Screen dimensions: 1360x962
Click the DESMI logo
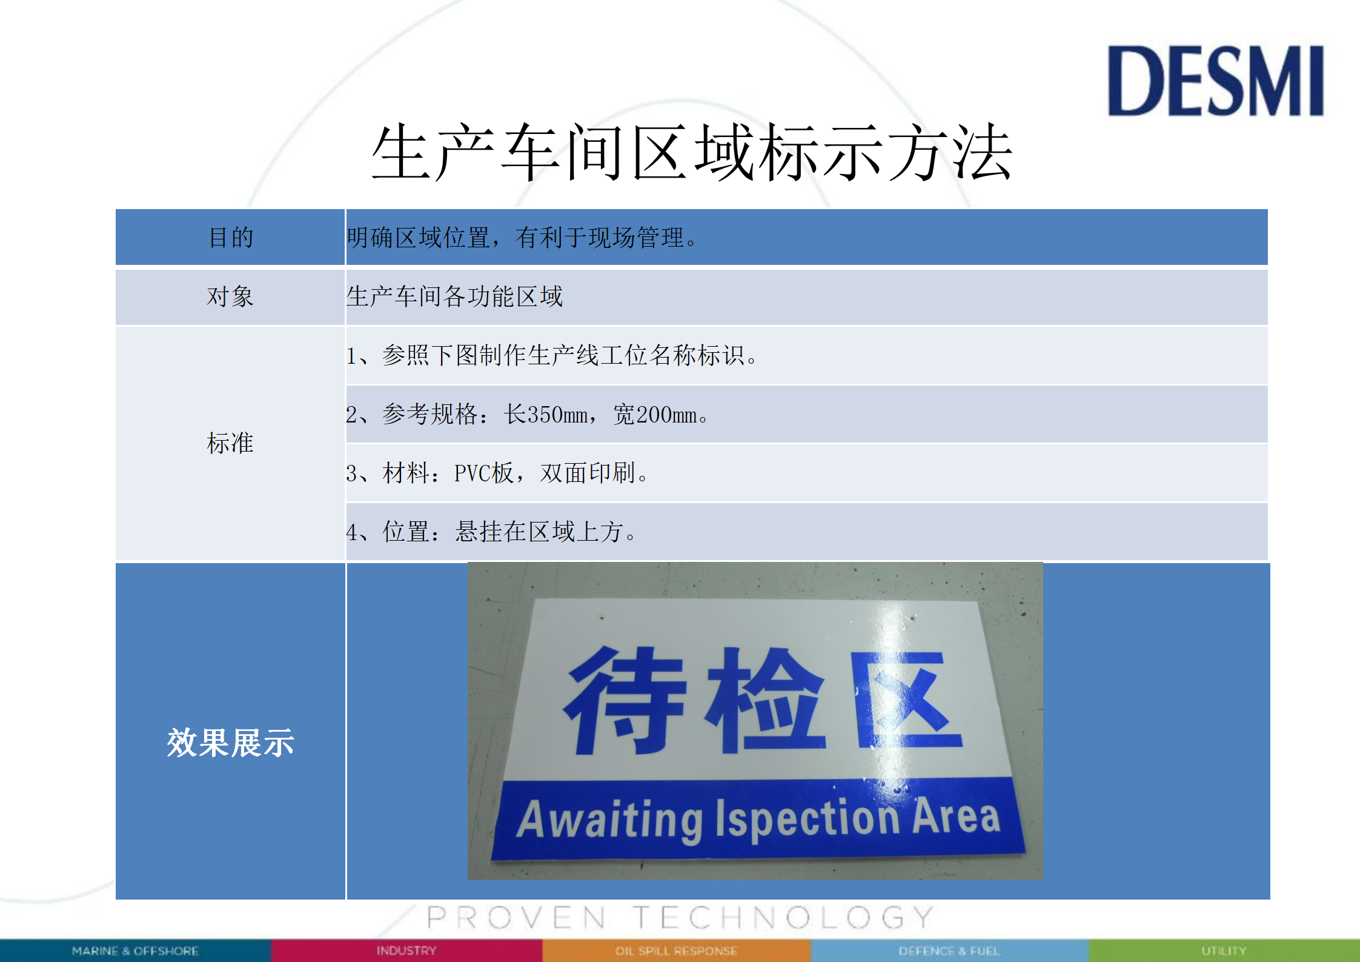coord(1215,81)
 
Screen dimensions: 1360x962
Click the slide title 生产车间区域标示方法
coord(692,153)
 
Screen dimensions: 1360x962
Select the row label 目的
coord(231,237)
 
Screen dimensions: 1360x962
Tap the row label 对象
coord(230,296)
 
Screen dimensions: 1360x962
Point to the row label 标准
coord(230,443)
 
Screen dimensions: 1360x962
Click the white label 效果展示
coord(231,743)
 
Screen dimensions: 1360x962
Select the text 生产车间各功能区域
coord(454,296)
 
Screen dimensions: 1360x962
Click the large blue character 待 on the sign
coord(625,701)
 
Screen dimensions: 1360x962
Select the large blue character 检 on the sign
coord(765,700)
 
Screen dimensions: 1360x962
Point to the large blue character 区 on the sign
coord(906,700)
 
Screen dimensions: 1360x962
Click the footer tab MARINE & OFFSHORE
coord(135,951)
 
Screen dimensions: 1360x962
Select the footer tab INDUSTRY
coord(406,950)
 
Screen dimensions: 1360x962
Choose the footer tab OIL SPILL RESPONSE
coord(676,951)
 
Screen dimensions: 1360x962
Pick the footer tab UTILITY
coord(1224,950)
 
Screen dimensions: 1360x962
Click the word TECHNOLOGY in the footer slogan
coord(784,918)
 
